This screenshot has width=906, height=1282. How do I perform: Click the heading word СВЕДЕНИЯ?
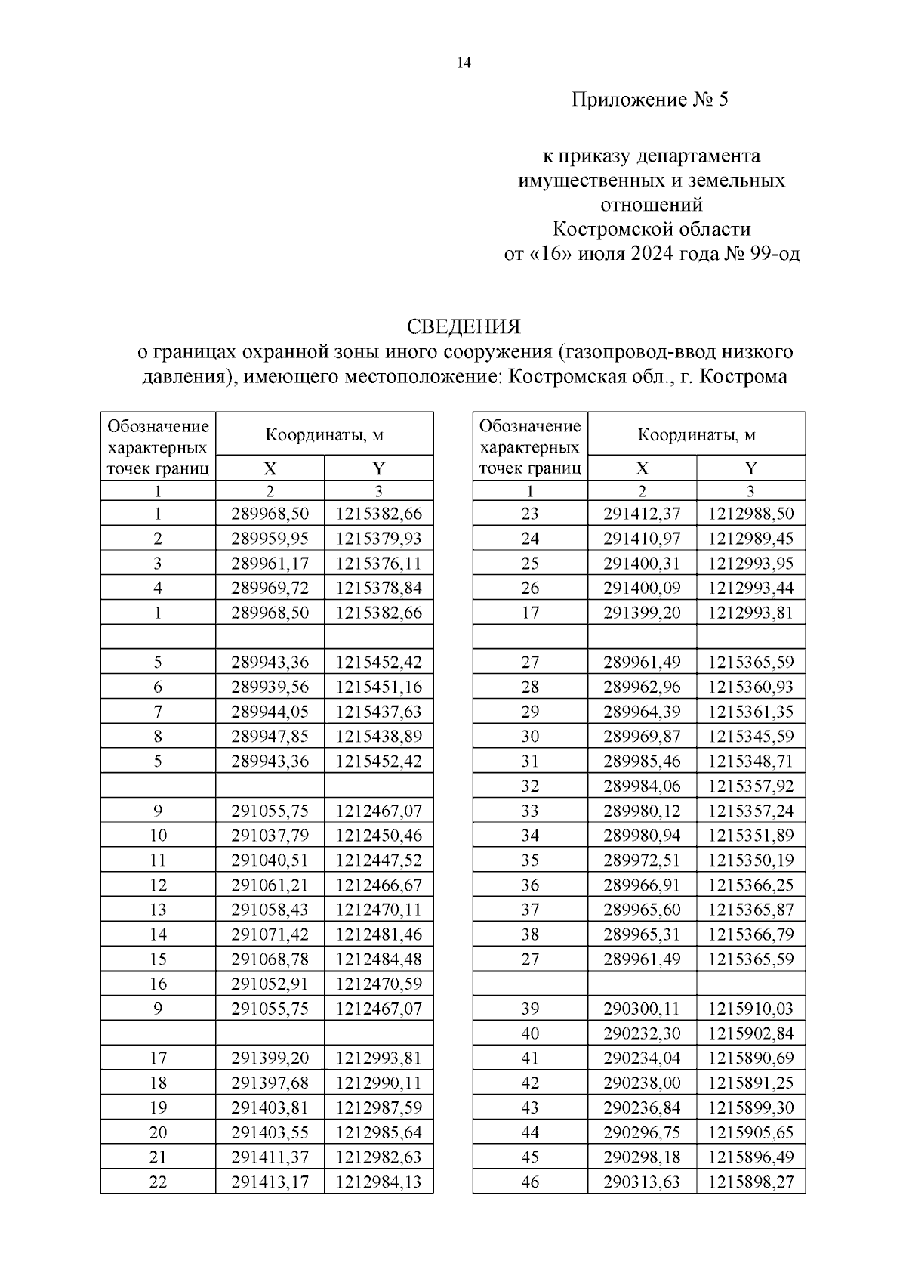tap(464, 326)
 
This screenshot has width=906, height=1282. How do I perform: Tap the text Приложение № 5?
tap(649, 100)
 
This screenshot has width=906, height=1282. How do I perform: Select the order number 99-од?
tap(773, 254)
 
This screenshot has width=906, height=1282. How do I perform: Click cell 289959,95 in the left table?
tap(270, 539)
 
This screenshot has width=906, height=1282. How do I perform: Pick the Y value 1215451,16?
tap(379, 687)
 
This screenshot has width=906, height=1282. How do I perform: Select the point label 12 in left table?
tap(158, 885)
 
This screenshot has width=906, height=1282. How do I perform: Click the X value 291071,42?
tap(270, 934)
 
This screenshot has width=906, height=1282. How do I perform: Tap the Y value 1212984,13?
tap(379, 1182)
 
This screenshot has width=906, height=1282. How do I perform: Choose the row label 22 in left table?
tap(158, 1182)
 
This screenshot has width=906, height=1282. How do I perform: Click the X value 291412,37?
tap(642, 514)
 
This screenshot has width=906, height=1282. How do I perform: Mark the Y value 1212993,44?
tap(750, 588)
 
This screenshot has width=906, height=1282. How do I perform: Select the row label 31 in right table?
tap(530, 761)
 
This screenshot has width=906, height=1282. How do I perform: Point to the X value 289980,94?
tap(642, 835)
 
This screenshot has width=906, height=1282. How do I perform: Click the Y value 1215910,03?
tap(750, 1009)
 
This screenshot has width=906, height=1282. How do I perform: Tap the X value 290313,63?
tap(642, 1182)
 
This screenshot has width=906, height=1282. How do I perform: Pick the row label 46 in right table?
tap(530, 1182)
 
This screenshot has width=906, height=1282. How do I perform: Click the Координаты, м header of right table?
tap(696, 434)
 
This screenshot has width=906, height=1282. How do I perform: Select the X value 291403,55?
tap(270, 1132)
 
